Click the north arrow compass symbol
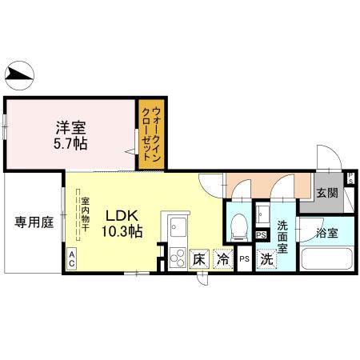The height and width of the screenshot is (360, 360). click(21, 77)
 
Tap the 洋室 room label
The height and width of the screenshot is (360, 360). click(70, 127)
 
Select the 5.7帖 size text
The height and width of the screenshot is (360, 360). click(70, 143)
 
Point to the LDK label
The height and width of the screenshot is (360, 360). click(123, 215)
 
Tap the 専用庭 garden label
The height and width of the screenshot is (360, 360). click(33, 223)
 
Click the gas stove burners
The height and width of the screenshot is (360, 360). click(177, 258)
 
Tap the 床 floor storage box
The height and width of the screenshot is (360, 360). click(200, 258)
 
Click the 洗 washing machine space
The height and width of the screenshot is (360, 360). click(266, 258)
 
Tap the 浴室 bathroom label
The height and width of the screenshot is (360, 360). click(326, 234)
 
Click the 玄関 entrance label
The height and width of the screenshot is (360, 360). click(326, 192)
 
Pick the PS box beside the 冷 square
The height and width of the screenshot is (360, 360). click(244, 259)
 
